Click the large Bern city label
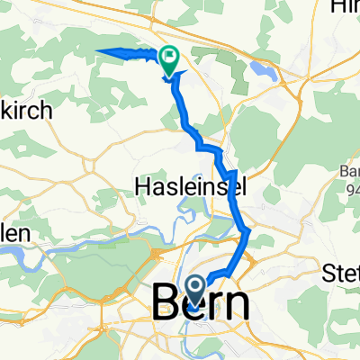(x=202, y=303)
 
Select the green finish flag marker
(x=168, y=58)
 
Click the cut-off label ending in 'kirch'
(x=27, y=112)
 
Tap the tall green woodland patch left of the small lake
(x=241, y=72)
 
